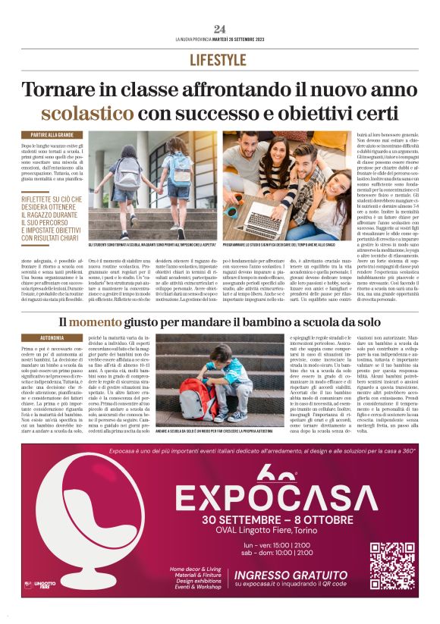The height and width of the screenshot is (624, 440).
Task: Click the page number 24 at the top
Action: pos(220,29)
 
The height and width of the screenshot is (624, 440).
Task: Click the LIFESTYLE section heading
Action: pos(220,60)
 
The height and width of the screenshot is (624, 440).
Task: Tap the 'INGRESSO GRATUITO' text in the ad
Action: pos(291,574)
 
